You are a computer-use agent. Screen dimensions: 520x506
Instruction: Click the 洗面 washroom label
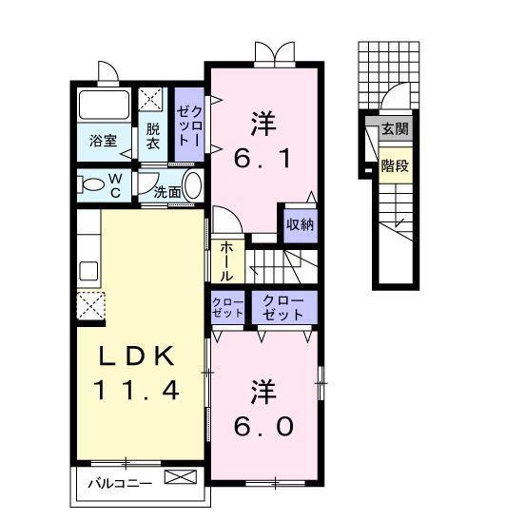pos(168,190)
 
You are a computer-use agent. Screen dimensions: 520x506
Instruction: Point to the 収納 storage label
pos(301,225)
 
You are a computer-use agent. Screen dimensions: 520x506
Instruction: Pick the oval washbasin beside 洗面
pos(192,184)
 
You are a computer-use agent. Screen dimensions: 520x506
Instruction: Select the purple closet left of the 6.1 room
pos(187,124)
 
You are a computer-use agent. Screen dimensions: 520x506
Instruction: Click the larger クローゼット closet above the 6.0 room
pos(283,307)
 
